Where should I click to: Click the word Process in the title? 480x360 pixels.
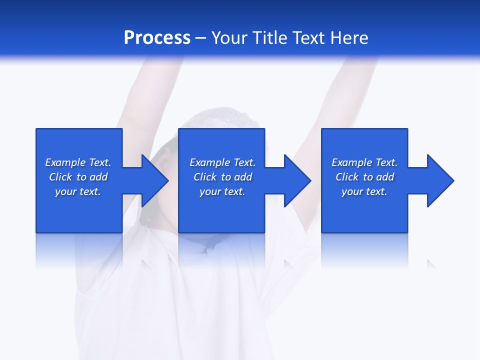click(157, 38)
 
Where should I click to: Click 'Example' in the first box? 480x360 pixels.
click(65, 162)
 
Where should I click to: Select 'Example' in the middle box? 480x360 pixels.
click(210, 162)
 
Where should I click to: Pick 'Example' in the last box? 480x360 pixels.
click(352, 162)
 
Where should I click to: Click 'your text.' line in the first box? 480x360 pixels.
click(78, 191)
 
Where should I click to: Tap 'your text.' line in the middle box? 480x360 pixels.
click(222, 191)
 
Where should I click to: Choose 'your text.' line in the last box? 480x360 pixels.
click(364, 191)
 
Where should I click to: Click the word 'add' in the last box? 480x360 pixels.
click(385, 177)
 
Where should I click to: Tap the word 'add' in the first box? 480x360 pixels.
click(98, 177)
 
